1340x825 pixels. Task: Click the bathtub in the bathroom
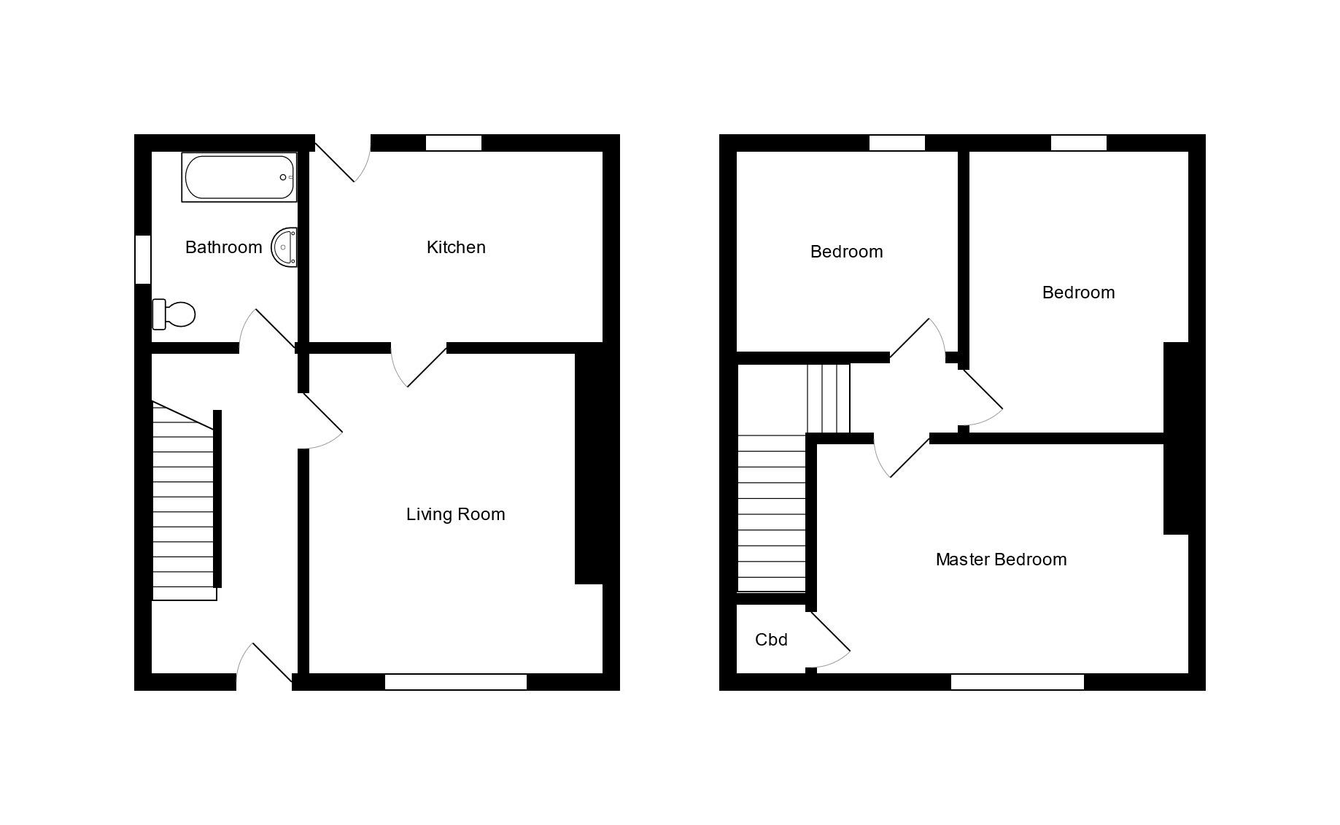(239, 177)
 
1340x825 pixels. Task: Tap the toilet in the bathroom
(174, 314)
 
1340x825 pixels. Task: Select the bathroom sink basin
(284, 247)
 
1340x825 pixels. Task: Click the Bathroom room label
(223, 247)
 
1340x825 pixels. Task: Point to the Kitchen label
(456, 247)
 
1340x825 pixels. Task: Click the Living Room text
(456, 514)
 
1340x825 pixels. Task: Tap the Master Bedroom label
(1001, 559)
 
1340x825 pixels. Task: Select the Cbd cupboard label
(771, 640)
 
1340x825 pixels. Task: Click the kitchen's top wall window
(454, 143)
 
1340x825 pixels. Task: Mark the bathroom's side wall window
(143, 259)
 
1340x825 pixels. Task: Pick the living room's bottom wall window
(456, 682)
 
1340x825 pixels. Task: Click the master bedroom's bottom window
(1018, 682)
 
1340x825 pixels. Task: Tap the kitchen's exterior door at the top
(343, 158)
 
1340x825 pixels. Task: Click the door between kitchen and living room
(419, 365)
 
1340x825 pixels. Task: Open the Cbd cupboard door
(829, 640)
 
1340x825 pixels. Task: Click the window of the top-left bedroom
(897, 143)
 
